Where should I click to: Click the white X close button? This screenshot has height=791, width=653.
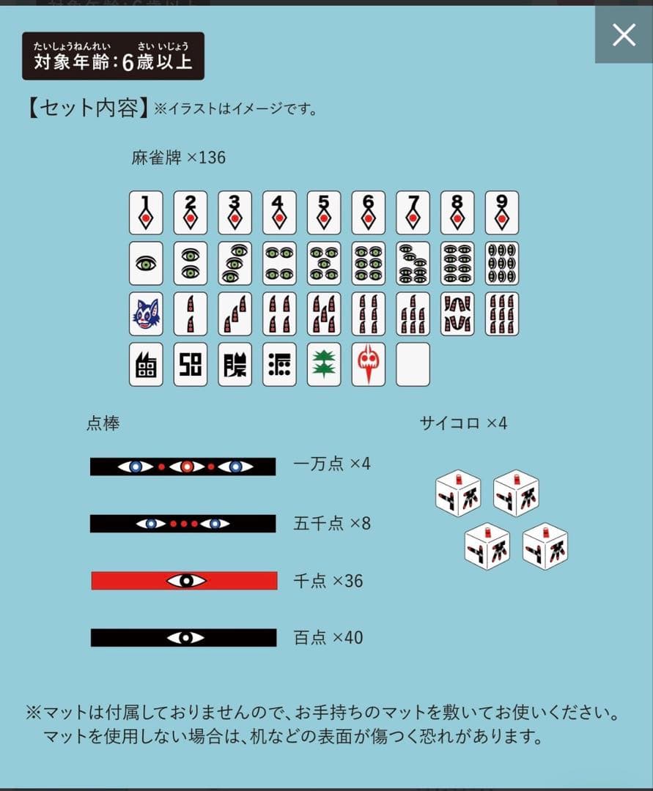click(624, 34)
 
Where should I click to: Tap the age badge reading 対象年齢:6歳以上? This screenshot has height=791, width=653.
click(113, 56)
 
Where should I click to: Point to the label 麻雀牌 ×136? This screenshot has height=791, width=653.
click(178, 157)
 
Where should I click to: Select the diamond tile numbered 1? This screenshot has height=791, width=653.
click(146, 213)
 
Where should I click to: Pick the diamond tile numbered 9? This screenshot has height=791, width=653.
click(501, 213)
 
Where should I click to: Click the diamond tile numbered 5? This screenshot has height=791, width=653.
click(324, 213)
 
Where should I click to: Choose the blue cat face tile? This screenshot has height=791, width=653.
click(146, 314)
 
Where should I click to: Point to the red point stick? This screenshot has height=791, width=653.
click(184, 581)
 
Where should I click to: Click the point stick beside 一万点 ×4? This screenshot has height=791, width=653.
click(182, 467)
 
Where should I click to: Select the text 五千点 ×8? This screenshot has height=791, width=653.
click(332, 524)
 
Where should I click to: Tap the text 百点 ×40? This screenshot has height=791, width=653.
click(328, 638)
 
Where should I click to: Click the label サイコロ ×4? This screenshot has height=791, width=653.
click(463, 423)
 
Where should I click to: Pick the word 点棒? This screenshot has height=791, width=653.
click(103, 423)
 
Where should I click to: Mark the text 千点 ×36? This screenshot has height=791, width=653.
click(328, 581)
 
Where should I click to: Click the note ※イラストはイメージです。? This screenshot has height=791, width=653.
click(235, 110)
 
